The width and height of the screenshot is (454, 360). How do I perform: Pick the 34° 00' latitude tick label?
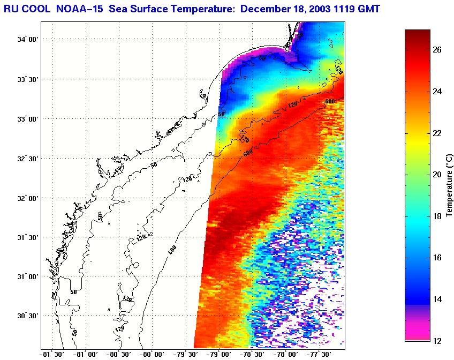point(28,40)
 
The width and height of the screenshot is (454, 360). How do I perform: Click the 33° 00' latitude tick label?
point(28,119)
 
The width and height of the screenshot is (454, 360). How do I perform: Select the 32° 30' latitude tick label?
point(28,159)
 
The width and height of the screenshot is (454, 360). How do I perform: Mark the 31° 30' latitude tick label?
point(28,237)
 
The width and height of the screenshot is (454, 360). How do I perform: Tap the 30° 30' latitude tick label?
point(28,316)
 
